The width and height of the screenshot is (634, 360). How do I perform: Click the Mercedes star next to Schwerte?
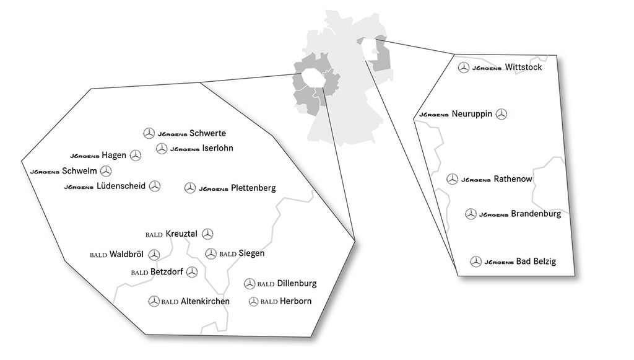tap(149, 133)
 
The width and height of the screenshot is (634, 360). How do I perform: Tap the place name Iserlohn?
tap(218, 148)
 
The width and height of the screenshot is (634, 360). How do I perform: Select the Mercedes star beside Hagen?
tap(136, 156)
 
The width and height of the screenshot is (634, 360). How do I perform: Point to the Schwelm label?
tap(80, 171)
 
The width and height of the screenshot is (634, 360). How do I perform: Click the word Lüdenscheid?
tap(121, 186)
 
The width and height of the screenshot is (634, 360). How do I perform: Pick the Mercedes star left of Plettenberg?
tap(190, 188)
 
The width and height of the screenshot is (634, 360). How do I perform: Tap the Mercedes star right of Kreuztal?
tap(208, 234)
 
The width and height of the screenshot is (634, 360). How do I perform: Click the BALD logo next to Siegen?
tap(228, 254)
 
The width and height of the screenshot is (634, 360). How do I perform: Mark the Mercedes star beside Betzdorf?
tap(193, 272)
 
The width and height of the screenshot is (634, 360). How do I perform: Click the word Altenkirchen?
tap(205, 302)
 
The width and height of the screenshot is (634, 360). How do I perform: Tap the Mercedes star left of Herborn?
tap(253, 302)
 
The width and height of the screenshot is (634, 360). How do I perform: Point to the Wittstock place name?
tap(524, 67)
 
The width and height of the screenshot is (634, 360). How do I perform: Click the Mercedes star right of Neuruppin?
tap(502, 114)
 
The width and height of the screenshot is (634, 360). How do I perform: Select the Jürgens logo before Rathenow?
tap(476, 180)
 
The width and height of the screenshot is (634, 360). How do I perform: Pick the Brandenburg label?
tap(536, 214)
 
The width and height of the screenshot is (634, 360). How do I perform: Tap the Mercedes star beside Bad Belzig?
tap(475, 261)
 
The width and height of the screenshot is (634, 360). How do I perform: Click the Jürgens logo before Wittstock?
tap(487, 68)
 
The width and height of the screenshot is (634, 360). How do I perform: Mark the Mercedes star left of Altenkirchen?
tap(154, 302)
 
